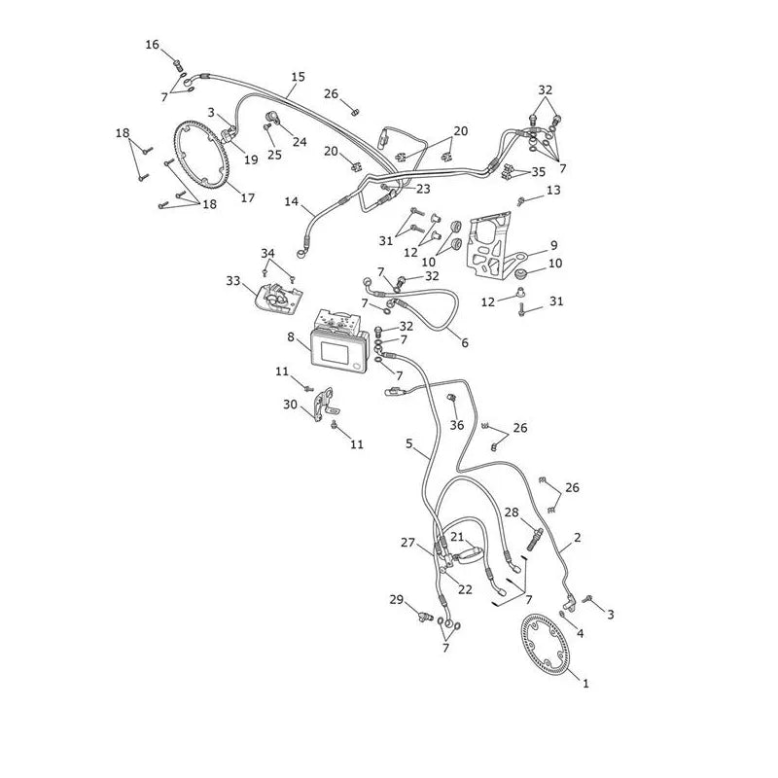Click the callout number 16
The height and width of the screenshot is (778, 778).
(x=153, y=45)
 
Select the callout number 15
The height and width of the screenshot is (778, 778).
(x=299, y=77)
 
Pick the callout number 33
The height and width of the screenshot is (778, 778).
(x=233, y=281)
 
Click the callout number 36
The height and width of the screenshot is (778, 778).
(x=457, y=425)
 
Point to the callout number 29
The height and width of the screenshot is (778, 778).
(x=397, y=599)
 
